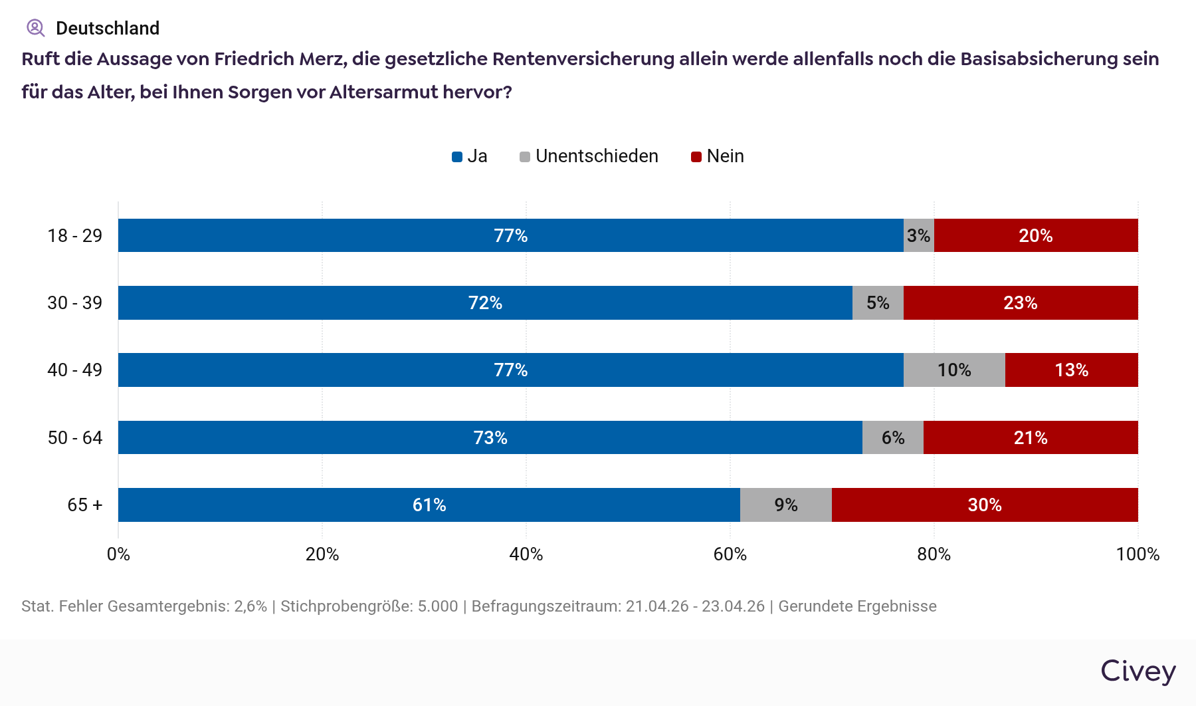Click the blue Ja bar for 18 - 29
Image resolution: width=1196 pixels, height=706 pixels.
[x=510, y=235]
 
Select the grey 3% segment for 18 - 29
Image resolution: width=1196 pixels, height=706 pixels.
[x=919, y=235]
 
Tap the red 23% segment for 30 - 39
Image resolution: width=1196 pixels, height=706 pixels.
[x=1021, y=303]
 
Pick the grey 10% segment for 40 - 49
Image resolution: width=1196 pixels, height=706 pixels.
[x=954, y=370]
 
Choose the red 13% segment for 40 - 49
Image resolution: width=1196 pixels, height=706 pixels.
[x=1072, y=370]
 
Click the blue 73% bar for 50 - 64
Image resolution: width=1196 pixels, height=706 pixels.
[x=490, y=437]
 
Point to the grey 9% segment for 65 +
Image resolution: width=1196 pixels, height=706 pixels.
[x=786, y=505]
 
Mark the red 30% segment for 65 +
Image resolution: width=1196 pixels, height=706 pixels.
[x=985, y=505]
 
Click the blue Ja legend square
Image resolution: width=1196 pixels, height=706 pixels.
[x=457, y=157]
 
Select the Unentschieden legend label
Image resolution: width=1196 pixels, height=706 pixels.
[x=597, y=156]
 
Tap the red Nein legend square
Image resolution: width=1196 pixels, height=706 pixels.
[x=696, y=157]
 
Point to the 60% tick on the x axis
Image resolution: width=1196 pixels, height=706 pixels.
[x=730, y=554]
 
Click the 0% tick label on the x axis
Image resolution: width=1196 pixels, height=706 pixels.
[x=118, y=554]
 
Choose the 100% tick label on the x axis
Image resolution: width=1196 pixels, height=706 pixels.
[x=1138, y=554]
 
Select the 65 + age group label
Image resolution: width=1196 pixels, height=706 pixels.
[x=85, y=505]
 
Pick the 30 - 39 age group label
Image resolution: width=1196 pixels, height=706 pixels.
[x=75, y=303]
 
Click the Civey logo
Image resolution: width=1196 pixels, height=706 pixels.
[x=1138, y=671]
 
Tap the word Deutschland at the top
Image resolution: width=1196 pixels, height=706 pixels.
[x=108, y=29]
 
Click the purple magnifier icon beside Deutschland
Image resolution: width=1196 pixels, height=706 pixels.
[x=35, y=28]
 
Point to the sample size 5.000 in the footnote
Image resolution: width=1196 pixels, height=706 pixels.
[x=438, y=606]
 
